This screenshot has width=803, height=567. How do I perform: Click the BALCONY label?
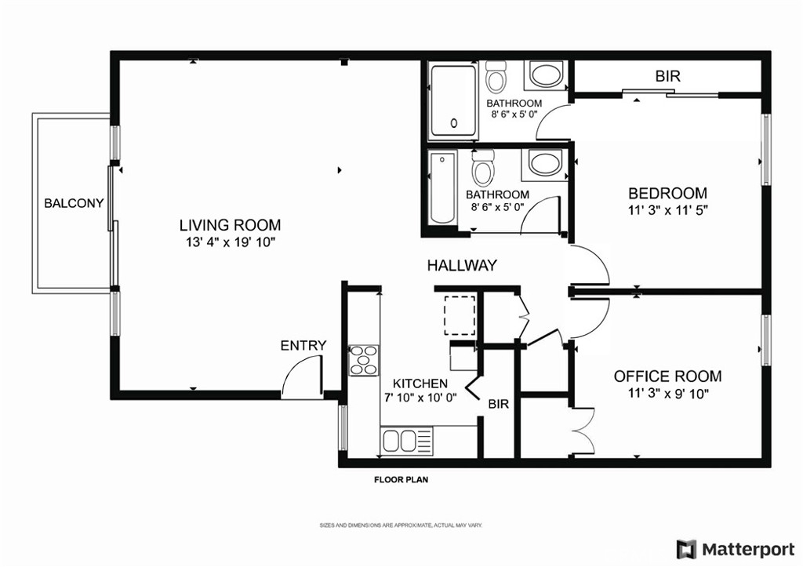74,203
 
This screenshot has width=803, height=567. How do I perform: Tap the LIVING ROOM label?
230,225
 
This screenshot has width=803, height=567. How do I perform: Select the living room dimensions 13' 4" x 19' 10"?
231,242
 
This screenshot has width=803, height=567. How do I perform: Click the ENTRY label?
303,346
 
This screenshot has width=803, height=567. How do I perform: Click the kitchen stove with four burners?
364,361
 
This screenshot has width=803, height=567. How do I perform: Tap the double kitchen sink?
401,441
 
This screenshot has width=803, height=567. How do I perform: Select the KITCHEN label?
420,383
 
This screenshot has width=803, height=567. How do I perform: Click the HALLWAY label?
462,265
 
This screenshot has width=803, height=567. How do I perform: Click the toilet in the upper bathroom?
496,76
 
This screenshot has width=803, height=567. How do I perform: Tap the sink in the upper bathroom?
546,75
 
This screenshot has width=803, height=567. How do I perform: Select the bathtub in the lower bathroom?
442,188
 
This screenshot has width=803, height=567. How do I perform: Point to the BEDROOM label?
667,194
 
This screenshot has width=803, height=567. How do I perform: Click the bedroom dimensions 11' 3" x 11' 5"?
667,210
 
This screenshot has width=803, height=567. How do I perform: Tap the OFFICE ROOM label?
668,376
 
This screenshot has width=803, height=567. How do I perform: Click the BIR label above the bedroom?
668,76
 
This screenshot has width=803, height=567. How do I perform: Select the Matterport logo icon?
686,550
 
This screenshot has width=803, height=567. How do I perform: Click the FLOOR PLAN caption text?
401,480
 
